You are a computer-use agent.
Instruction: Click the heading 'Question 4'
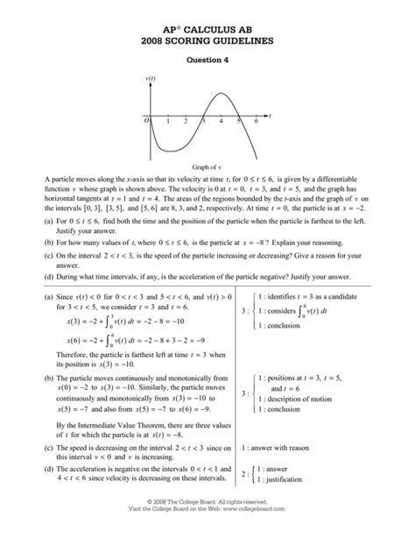click(x=207, y=60)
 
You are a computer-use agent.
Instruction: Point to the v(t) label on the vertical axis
click(x=150, y=80)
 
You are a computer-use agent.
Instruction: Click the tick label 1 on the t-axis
click(x=165, y=121)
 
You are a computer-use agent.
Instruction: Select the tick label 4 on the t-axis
click(x=219, y=121)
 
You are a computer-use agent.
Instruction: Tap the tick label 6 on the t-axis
click(x=256, y=121)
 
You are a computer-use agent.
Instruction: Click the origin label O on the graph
click(x=146, y=121)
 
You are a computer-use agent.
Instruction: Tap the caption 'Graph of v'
click(x=207, y=165)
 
